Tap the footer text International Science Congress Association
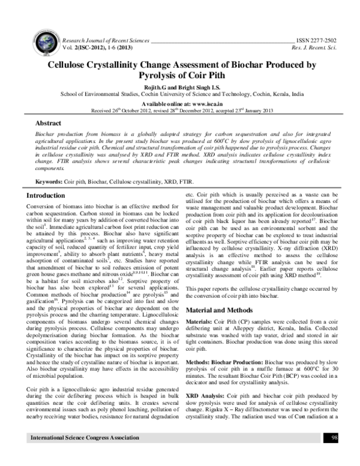coord(81,455)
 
